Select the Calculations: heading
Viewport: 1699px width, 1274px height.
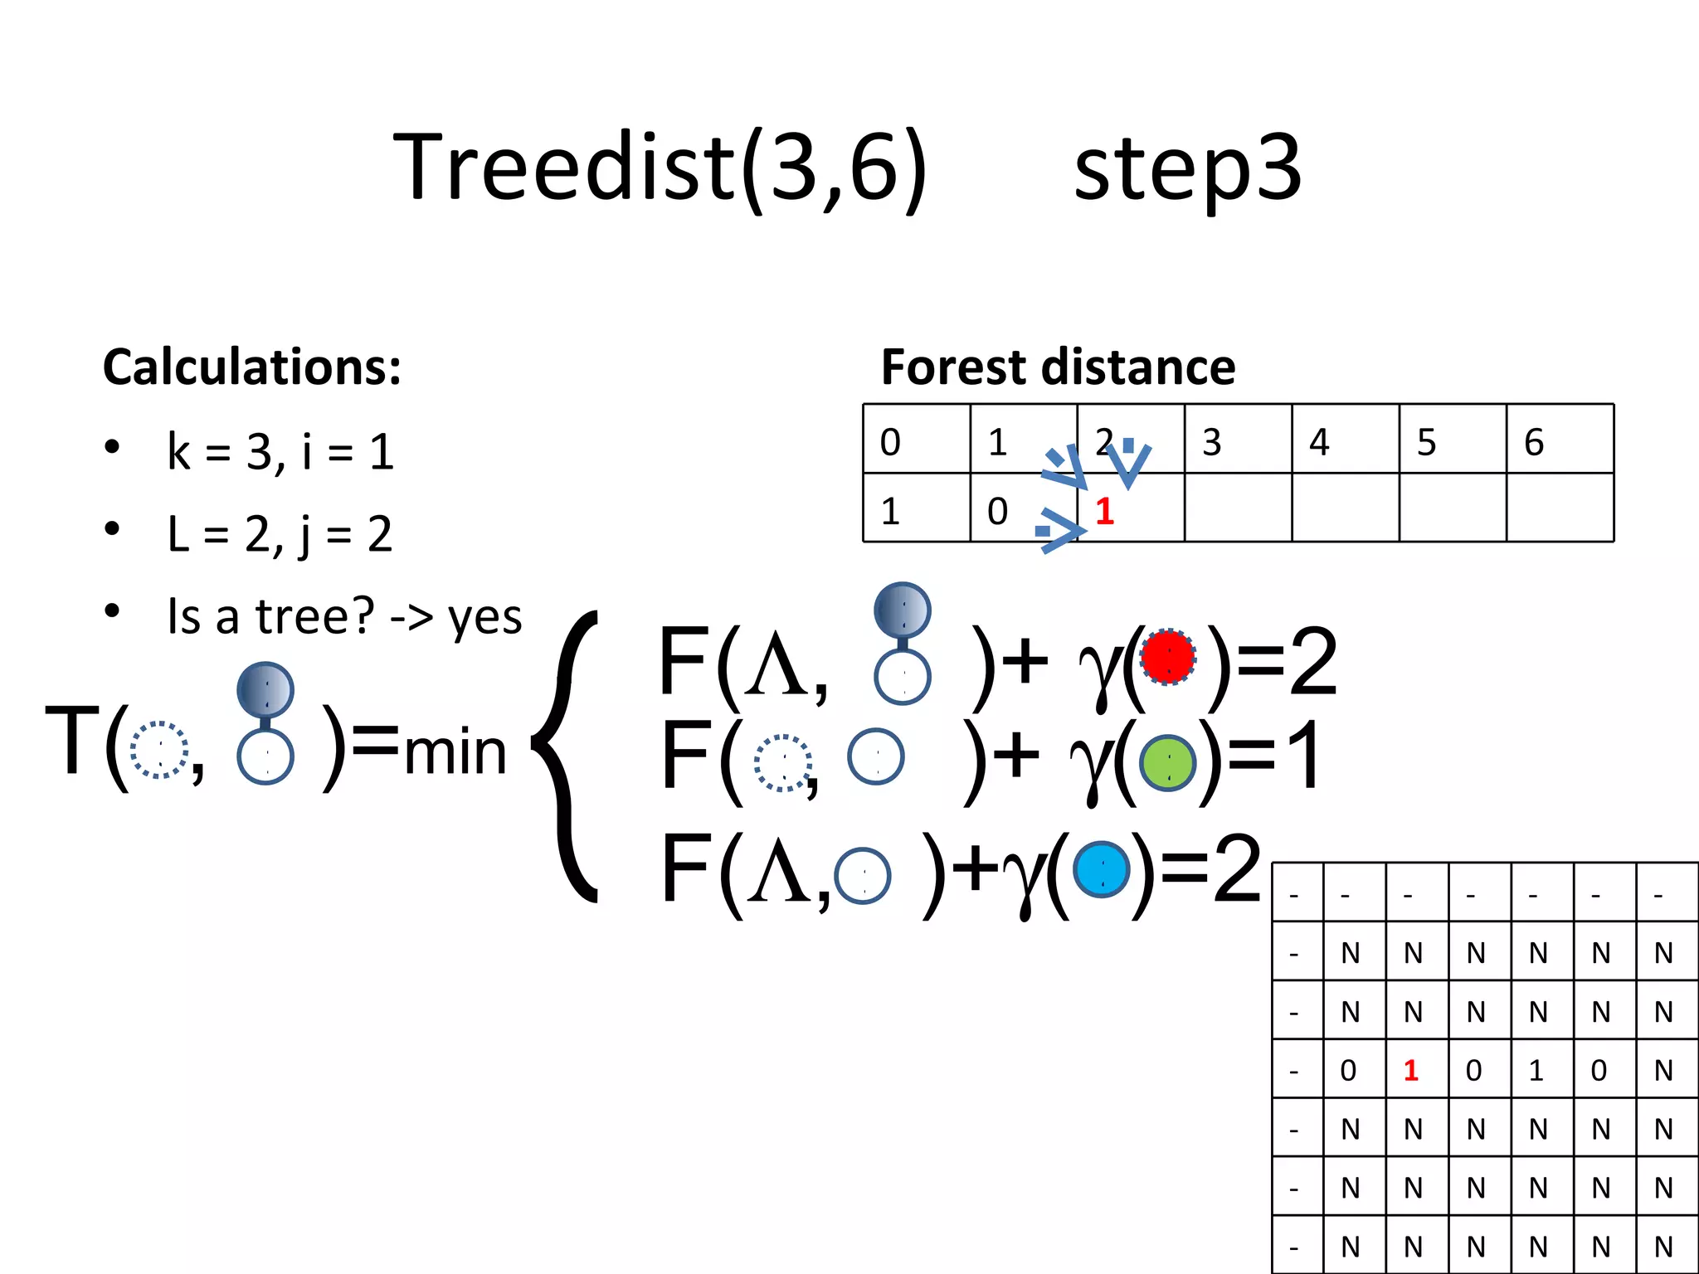tap(252, 367)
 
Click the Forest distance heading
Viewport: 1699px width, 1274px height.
tap(1058, 367)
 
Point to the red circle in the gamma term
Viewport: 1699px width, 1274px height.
tap(1168, 657)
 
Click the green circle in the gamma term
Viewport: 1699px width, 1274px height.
tap(1168, 763)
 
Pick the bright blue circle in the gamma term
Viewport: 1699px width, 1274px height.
tap(1102, 869)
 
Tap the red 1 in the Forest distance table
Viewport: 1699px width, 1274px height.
tap(1104, 511)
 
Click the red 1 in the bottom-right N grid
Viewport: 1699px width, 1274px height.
tap(1411, 1070)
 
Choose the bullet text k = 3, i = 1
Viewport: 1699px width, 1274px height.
tap(280, 452)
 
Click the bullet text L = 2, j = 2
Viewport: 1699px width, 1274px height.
tap(280, 533)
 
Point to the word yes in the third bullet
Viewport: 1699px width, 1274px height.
tap(485, 617)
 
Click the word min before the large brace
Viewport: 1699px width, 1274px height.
tap(455, 751)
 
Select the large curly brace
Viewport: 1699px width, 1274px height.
tap(568, 755)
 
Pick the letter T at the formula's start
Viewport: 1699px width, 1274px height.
tap(73, 740)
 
